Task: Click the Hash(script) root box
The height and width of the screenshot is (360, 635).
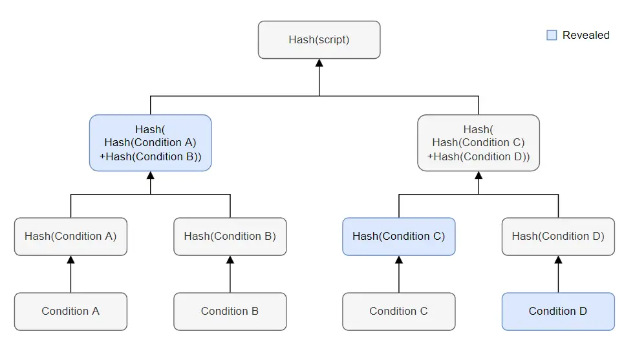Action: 319,39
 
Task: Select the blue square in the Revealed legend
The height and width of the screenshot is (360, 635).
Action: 552,36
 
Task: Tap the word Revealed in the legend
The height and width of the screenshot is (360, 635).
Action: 586,36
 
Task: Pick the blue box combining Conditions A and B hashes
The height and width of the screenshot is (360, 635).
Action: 150,143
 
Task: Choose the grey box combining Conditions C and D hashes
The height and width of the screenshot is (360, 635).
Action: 479,143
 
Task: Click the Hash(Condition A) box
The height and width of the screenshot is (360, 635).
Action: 70,237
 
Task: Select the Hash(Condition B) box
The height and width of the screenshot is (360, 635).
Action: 230,237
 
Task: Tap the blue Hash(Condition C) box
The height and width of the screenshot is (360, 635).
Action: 399,237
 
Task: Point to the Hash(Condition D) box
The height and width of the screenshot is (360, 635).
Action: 558,237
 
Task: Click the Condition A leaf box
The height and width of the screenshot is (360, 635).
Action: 70,312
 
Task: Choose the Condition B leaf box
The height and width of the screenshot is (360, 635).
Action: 230,312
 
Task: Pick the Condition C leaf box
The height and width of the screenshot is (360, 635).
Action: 399,312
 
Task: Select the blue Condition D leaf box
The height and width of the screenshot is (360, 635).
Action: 558,312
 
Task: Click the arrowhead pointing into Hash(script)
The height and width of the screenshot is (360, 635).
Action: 319,63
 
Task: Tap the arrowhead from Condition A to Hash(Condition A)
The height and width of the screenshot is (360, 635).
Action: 70,260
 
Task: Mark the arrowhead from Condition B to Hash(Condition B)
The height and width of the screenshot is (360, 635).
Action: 230,260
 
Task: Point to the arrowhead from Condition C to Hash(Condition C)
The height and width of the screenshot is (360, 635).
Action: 399,260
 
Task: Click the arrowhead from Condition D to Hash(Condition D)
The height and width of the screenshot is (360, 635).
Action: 558,260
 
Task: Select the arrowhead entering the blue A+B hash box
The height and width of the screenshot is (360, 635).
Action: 150,175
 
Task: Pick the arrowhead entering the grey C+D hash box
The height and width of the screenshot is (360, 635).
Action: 479,175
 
